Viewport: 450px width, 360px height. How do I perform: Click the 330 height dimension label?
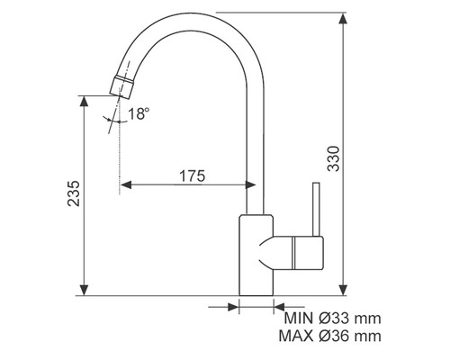tap(333, 158)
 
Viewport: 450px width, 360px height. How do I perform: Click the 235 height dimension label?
tap(74, 193)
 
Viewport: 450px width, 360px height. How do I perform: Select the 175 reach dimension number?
tap(193, 175)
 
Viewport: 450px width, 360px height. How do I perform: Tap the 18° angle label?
tap(139, 113)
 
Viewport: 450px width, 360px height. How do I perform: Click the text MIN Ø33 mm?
tap(332, 319)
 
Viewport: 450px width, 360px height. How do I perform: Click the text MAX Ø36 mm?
tap(330, 336)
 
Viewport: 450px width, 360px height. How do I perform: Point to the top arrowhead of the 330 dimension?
tap(343, 19)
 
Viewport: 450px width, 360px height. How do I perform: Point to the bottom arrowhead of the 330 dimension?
tap(343, 290)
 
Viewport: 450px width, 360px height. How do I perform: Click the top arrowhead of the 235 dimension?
tap(85, 102)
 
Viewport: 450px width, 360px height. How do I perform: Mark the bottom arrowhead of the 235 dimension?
tap(85, 290)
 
